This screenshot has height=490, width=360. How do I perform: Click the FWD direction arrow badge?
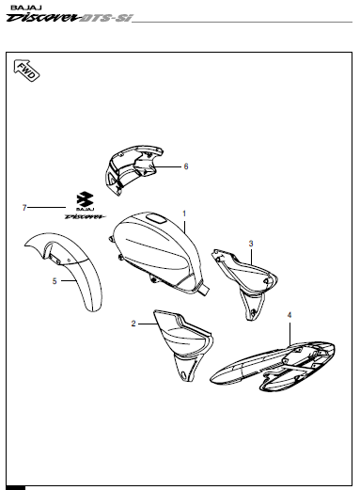pyautogui.click(x=25, y=71)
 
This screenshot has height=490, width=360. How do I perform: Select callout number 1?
pyautogui.click(x=184, y=213)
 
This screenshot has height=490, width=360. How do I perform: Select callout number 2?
pyautogui.click(x=133, y=324)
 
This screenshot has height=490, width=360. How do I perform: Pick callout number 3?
pyautogui.click(x=251, y=244)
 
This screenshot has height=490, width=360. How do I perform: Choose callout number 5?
pyautogui.click(x=54, y=280)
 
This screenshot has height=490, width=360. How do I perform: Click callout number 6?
pyautogui.click(x=186, y=166)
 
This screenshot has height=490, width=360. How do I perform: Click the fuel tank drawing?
pyautogui.click(x=155, y=249)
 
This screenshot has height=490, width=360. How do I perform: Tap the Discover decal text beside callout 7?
pyautogui.click(x=86, y=215)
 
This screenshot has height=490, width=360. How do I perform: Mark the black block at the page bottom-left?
pyautogui.click(x=14, y=486)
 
